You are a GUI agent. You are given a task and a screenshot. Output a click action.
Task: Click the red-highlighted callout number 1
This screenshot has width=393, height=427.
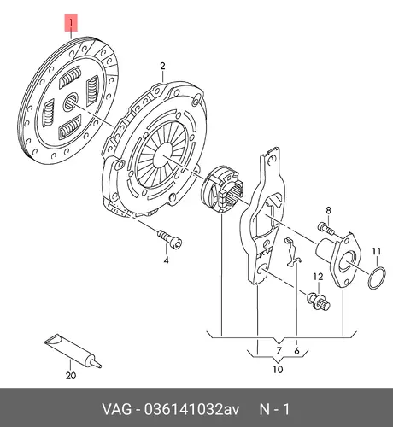(x=71, y=22)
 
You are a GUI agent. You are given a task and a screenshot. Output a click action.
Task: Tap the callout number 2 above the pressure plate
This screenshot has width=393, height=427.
(x=162, y=66)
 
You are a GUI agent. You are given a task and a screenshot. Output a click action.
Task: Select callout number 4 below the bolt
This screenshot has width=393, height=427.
(x=166, y=260)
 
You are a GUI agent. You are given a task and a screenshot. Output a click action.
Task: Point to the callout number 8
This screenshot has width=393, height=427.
(x=328, y=210)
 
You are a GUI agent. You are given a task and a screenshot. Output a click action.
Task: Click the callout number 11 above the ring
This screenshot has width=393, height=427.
(x=377, y=252)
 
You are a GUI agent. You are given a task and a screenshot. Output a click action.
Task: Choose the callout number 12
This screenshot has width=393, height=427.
(x=319, y=277)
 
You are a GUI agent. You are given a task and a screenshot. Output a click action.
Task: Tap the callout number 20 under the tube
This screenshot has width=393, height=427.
(x=71, y=376)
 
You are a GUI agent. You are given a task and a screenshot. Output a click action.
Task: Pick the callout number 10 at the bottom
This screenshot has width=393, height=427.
(x=278, y=369)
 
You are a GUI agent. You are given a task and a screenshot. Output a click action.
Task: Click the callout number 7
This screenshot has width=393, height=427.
(x=279, y=350)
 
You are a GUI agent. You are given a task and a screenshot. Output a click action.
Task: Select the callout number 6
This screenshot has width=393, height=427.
(x=297, y=351)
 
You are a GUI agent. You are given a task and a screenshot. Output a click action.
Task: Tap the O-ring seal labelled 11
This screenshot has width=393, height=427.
(x=377, y=278)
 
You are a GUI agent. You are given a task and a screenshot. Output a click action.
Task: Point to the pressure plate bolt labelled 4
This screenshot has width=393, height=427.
(x=170, y=239)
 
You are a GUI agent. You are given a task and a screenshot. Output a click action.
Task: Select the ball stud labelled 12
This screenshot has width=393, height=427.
(x=319, y=301)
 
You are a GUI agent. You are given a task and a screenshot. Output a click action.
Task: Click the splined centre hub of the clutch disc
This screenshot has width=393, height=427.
(x=71, y=102)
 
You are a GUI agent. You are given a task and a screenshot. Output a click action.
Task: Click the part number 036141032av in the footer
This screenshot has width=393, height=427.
(x=191, y=409)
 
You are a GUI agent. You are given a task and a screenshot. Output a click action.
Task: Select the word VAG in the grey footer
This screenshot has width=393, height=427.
(x=117, y=409)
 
